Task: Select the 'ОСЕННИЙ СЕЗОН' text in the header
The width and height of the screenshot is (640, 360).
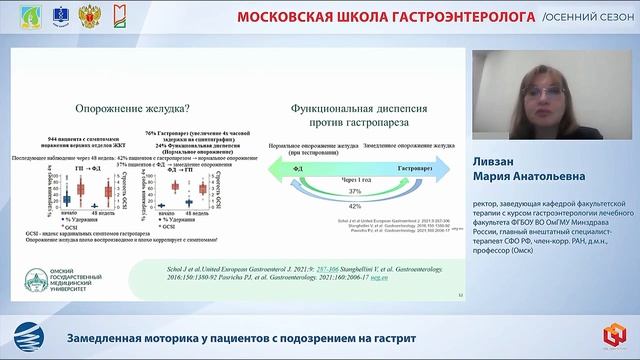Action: [x=588, y=17]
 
